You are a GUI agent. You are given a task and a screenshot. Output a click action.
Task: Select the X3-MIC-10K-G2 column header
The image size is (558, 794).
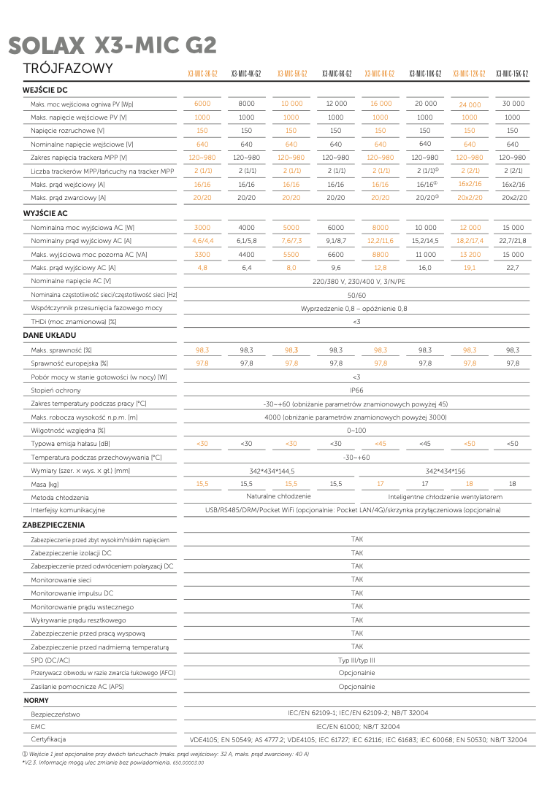pyautogui.click(x=425, y=74)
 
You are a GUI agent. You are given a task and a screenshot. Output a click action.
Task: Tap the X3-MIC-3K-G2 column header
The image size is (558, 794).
pyautogui.click(x=202, y=74)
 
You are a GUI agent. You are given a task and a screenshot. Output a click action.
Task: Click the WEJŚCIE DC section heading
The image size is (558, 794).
pyautogui.click(x=45, y=90)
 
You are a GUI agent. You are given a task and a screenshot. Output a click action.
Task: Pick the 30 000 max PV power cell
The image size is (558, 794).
pyautogui.click(x=513, y=104)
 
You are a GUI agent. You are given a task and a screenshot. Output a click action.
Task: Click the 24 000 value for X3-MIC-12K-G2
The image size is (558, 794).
pyautogui.click(x=470, y=105)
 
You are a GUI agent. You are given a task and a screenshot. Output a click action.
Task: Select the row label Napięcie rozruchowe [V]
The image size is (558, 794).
pyautogui.click(x=68, y=131)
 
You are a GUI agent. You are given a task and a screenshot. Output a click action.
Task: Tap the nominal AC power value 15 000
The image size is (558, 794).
pyautogui.click(x=513, y=228)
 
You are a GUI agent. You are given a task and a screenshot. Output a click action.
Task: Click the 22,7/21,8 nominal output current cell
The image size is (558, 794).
pyautogui.click(x=513, y=241)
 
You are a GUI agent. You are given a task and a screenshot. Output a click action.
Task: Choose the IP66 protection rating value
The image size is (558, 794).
pyautogui.click(x=356, y=390)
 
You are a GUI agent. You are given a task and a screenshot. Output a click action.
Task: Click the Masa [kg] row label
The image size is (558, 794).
pyautogui.click(x=45, y=485)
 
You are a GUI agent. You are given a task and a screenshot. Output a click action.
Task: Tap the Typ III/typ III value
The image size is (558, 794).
pyautogui.click(x=356, y=660)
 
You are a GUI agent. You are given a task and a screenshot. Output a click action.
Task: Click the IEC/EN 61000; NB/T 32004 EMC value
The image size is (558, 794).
pyautogui.click(x=356, y=727)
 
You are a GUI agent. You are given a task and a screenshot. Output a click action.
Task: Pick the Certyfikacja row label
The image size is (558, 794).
pyautogui.click(x=48, y=740)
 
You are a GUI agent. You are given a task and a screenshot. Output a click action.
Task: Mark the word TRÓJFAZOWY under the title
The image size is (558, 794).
pyautogui.click(x=68, y=69)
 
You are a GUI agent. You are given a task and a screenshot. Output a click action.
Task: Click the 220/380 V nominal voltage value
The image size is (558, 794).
pyautogui.click(x=356, y=281)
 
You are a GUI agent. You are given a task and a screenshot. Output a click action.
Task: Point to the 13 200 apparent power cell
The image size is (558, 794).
pyautogui.click(x=470, y=255)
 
